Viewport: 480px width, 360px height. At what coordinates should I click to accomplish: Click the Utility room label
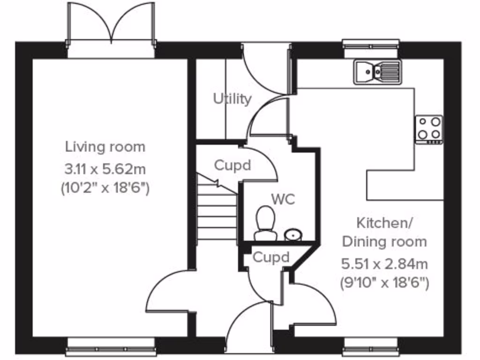(x=232, y=99)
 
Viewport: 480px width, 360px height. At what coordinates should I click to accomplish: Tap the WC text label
(x=283, y=199)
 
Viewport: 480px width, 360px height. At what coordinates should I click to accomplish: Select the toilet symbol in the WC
(x=265, y=223)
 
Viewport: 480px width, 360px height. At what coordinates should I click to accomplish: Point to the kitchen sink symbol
(x=377, y=72)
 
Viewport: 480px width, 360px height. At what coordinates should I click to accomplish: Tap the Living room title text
(x=105, y=147)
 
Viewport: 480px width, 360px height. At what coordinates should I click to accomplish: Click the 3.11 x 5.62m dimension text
(x=105, y=168)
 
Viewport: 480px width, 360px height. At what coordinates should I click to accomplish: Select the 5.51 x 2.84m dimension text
(x=384, y=264)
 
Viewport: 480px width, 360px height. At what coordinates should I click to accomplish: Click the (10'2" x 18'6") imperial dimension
(x=105, y=188)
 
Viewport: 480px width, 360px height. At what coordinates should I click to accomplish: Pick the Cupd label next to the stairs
(x=232, y=165)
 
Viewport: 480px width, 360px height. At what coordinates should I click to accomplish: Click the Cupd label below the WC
(x=271, y=257)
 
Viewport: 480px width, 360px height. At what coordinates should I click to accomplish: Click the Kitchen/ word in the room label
(x=384, y=223)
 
